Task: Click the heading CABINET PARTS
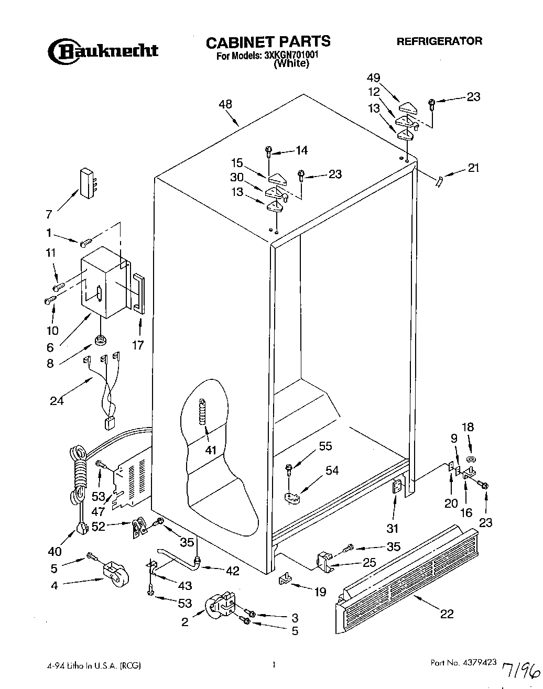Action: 267,41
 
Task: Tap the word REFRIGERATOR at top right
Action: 439,41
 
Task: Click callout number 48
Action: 225,104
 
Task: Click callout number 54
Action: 332,471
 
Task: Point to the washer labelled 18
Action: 470,459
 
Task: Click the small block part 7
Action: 87,183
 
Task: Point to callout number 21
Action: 473,168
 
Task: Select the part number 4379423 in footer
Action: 477,663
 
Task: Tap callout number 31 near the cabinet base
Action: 393,528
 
